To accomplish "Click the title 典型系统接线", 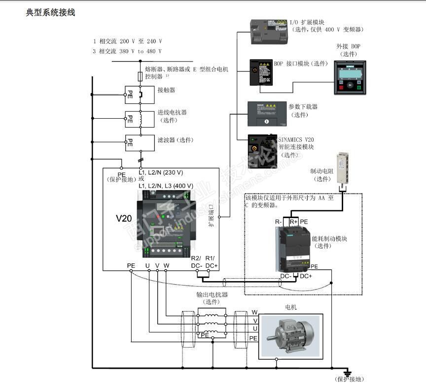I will tap(50, 12).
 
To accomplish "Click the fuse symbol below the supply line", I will tap(140, 76).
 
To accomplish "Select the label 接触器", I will tap(166, 90).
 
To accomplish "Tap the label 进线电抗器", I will tap(172, 112).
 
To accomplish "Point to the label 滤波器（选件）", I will tap(175, 140).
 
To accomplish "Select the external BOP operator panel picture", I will tap(350, 78).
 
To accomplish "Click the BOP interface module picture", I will tap(261, 72).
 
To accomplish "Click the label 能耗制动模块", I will tap(330, 238).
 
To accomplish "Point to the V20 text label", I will tap(124, 218).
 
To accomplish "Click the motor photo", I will tap(290, 335).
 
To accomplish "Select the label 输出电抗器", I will tap(212, 294).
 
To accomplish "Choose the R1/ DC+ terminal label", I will tap(211, 262).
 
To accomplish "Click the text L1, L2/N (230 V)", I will tap(161, 172).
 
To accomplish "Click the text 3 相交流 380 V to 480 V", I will tap(127, 51).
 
